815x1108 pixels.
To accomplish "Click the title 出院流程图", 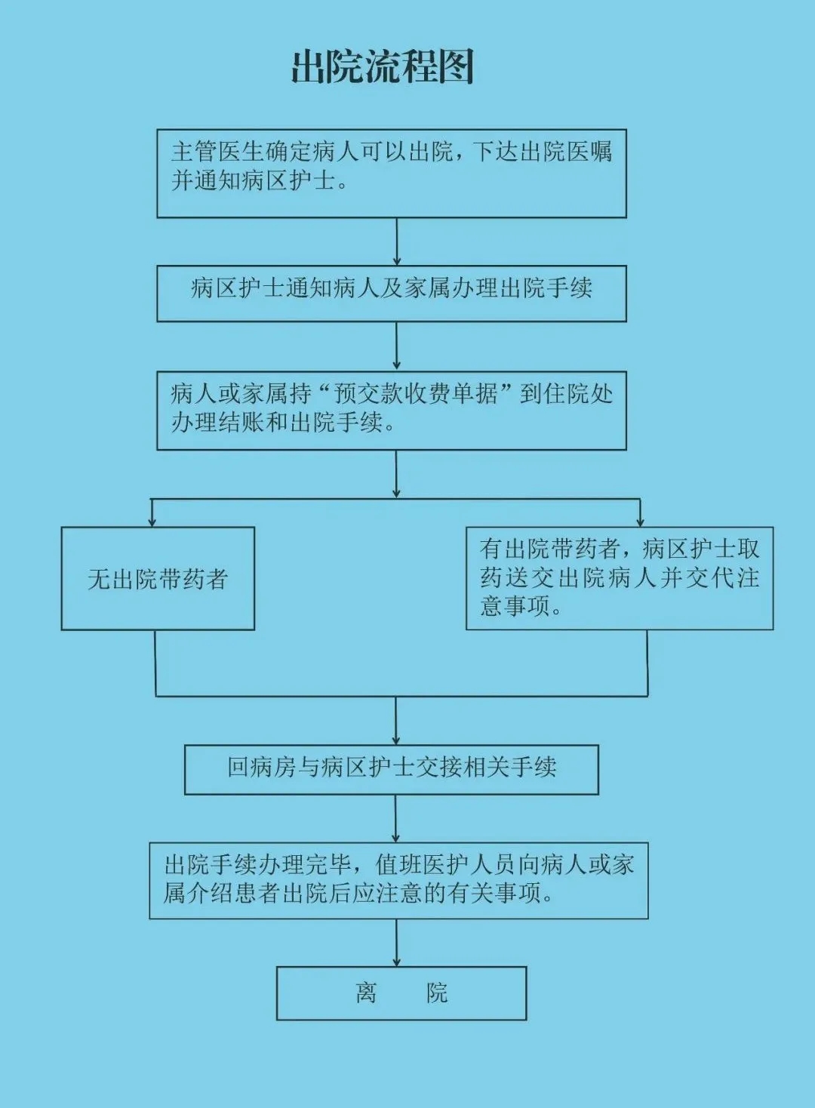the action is pos(383,66).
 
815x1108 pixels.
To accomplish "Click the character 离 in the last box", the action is pos(366,993).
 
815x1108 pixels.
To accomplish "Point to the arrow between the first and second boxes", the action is pos(397,242).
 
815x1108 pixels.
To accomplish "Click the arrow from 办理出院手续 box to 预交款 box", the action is pos(396,346).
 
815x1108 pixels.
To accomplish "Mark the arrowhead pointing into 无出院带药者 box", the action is pos(152,522).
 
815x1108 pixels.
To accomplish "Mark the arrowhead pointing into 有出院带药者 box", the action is pos(640,522).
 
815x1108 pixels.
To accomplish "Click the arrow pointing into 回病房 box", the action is pos(395,721).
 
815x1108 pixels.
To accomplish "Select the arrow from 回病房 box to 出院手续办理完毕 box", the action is pos(395,819).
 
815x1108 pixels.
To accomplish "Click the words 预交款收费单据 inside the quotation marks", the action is pos(416,394).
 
